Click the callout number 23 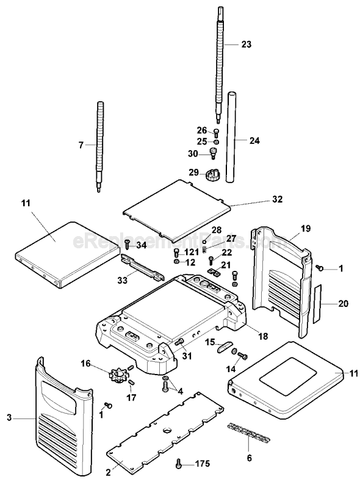point(246,45)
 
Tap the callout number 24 point(254,141)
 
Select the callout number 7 point(81,145)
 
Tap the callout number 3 point(9,418)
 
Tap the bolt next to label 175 point(178,462)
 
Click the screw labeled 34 point(127,245)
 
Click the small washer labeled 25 point(216,142)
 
